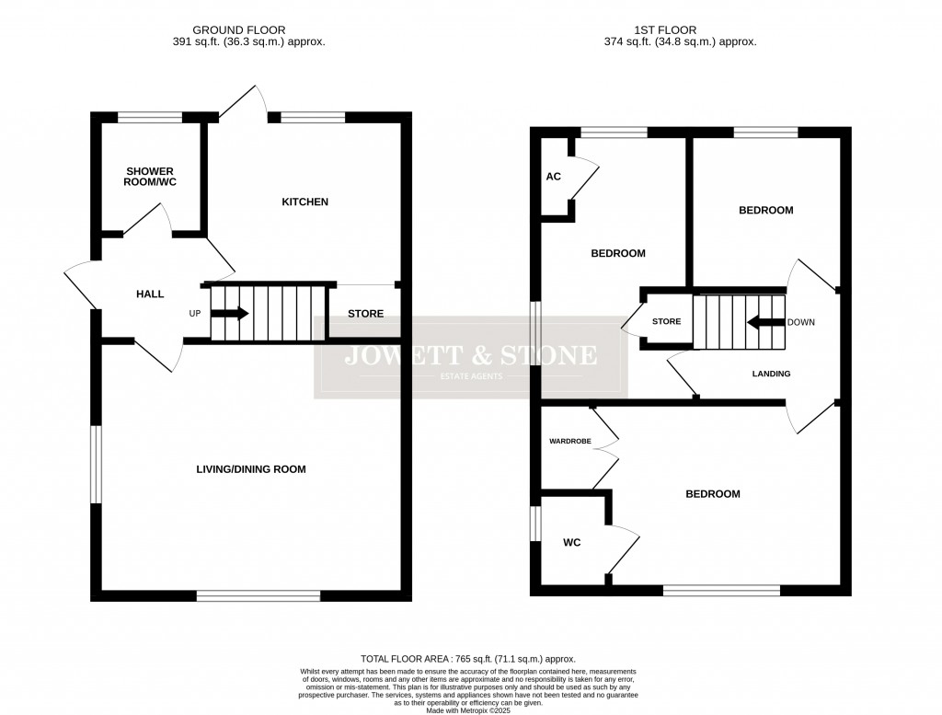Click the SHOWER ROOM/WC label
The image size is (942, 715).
tap(151, 177)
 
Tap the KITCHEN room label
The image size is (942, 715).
tap(304, 202)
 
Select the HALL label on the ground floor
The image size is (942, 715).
tap(150, 294)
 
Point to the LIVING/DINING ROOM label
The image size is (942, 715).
tap(250, 469)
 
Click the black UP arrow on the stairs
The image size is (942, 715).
tap(230, 313)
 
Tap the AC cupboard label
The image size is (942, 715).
tap(554, 177)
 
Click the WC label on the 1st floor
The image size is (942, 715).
tap(572, 543)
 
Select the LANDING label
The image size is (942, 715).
tap(771, 374)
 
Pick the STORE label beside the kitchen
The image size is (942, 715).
tap(365, 314)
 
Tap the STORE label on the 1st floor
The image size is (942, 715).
tap(666, 322)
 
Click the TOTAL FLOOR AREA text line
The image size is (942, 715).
tap(467, 659)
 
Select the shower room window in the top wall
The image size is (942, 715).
tap(150, 117)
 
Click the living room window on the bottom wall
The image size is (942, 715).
tap(258, 595)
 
